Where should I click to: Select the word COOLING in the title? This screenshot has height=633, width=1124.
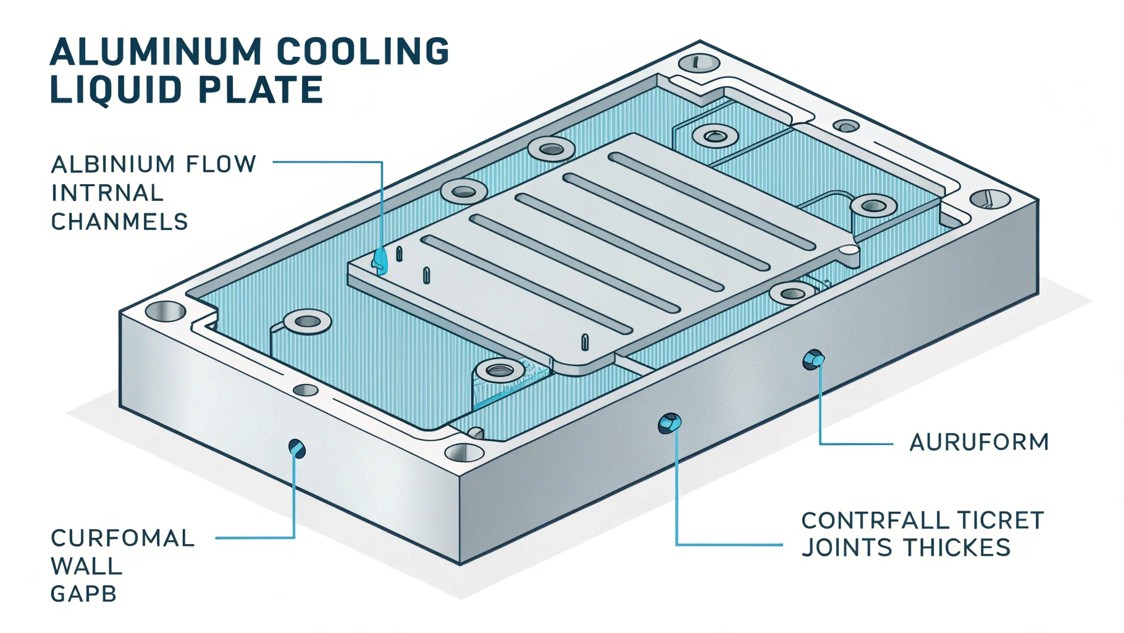click(x=363, y=52)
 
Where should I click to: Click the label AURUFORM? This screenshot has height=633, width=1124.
click(x=979, y=443)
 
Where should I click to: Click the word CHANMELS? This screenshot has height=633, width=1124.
click(x=119, y=222)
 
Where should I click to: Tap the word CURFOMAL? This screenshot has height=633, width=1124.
click(x=122, y=538)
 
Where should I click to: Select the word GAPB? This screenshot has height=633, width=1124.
click(x=83, y=595)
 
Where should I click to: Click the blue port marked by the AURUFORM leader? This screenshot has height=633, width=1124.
click(x=813, y=359)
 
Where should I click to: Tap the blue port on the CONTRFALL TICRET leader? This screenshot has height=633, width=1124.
click(x=669, y=423)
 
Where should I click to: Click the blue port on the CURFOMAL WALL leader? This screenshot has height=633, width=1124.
click(x=297, y=448)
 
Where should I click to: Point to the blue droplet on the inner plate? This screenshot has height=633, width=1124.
click(x=380, y=260)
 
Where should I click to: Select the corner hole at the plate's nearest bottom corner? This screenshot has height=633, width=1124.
click(x=464, y=453)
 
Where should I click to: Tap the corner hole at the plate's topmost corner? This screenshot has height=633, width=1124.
click(x=699, y=63)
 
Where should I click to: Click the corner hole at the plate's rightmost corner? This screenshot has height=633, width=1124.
click(x=990, y=199)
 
